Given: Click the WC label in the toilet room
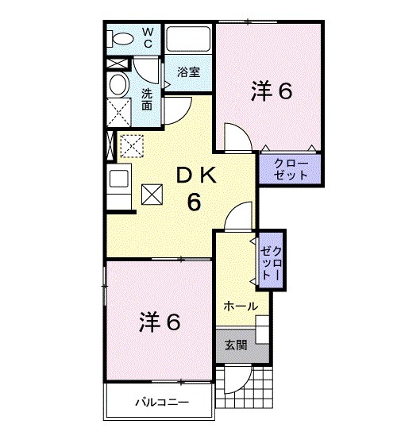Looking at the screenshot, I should pos(148,37).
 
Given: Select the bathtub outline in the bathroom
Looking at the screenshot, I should pos(187,40).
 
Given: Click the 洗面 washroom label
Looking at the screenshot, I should pos(148,99).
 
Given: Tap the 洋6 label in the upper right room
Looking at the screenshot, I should pos(272,91).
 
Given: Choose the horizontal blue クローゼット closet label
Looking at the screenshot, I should pos(289,169).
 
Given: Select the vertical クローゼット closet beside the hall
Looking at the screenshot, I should pos(271,257).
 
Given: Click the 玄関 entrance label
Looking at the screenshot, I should pos(235,345).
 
